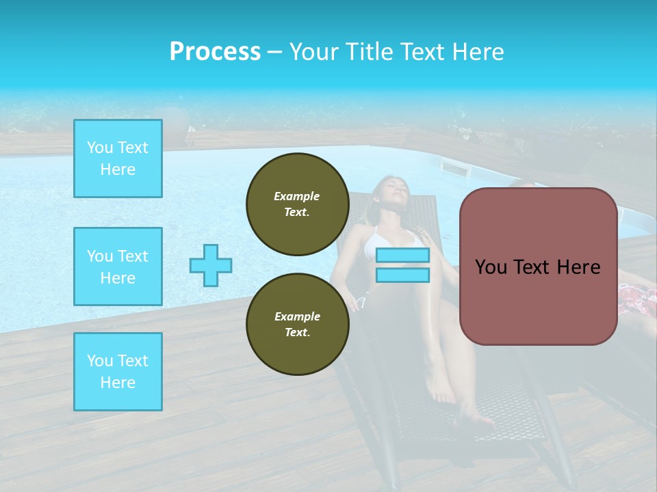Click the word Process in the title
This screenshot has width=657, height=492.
click(x=215, y=52)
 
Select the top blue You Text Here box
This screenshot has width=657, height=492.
click(x=118, y=159)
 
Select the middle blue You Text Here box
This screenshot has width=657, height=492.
click(x=118, y=266)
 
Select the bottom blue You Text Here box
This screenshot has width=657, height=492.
click(x=118, y=372)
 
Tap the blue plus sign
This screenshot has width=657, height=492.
click(x=211, y=265)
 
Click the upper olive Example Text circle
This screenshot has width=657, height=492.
click(x=297, y=204)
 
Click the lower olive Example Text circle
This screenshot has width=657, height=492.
click(x=297, y=325)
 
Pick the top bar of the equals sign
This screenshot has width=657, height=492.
click(x=402, y=256)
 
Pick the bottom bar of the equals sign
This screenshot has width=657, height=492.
click(x=402, y=275)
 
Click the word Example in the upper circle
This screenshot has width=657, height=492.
click(x=297, y=196)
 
